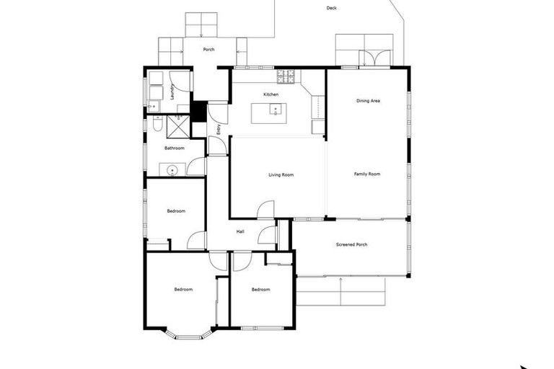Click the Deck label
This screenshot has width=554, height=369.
pyautogui.click(x=331, y=9)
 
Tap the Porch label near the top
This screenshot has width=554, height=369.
pyautogui.click(x=209, y=50)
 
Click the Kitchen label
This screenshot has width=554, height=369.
pyautogui.click(x=271, y=94)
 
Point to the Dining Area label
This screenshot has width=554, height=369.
pyautogui.click(x=368, y=101)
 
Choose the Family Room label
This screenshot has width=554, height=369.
pyautogui.click(x=366, y=174)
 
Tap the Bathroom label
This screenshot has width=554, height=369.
pyautogui.click(x=175, y=148)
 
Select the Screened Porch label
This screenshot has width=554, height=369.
pyautogui.click(x=352, y=245)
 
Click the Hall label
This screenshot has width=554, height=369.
pyautogui.click(x=240, y=231)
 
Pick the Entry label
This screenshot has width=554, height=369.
pyautogui.click(x=219, y=130)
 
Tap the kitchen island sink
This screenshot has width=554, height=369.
pyautogui.click(x=275, y=110)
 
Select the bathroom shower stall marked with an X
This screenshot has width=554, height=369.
pyautogui.click(x=177, y=125)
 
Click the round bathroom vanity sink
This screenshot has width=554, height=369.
pyautogui.click(x=172, y=170)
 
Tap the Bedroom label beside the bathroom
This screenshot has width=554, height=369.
pyautogui.click(x=176, y=211)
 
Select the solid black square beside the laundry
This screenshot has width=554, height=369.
pyautogui.click(x=198, y=111)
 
